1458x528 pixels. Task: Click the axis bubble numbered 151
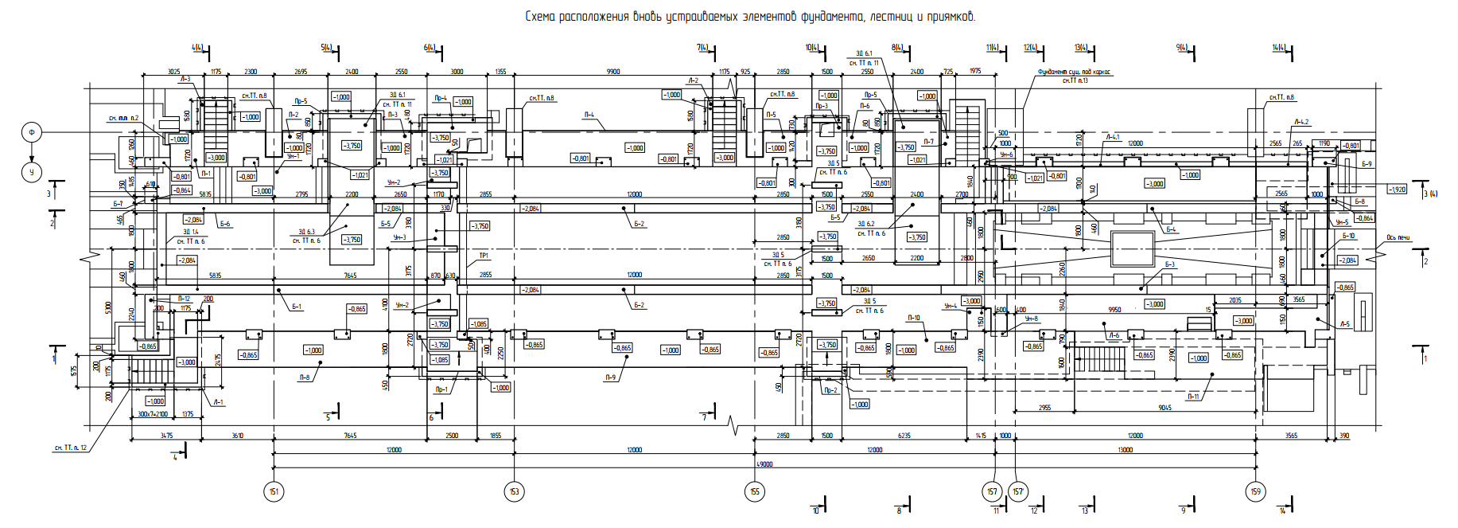pyautogui.click(x=273, y=491)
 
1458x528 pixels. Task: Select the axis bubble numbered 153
pyautogui.click(x=514, y=491)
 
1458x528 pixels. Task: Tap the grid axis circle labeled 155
pyautogui.click(x=754, y=491)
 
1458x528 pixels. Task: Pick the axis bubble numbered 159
pyautogui.click(x=1255, y=491)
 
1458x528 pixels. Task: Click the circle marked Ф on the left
pyautogui.click(x=32, y=132)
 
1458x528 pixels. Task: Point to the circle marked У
pyautogui.click(x=32, y=171)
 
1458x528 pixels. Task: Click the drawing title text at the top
pyautogui.click(x=749, y=17)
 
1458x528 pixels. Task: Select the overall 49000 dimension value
pyautogui.click(x=764, y=464)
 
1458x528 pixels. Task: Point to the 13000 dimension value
pyautogui.click(x=1125, y=450)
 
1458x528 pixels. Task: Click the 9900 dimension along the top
pyautogui.click(x=612, y=72)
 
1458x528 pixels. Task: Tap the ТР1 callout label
pyautogui.click(x=483, y=256)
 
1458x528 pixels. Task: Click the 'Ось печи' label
pyautogui.click(x=1398, y=237)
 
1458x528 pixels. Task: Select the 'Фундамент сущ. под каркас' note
pyautogui.click(x=1074, y=72)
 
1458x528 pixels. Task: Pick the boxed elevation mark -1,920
pyautogui.click(x=1397, y=190)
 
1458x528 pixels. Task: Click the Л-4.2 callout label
pyautogui.click(x=1301, y=122)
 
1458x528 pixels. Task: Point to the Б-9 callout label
pyautogui.click(x=1367, y=164)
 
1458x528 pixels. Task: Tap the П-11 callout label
pyautogui.click(x=1193, y=397)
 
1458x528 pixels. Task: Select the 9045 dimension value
pyautogui.click(x=1164, y=408)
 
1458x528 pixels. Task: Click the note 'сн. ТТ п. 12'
pyautogui.click(x=70, y=448)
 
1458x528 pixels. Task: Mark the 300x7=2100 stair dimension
pyautogui.click(x=153, y=414)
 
